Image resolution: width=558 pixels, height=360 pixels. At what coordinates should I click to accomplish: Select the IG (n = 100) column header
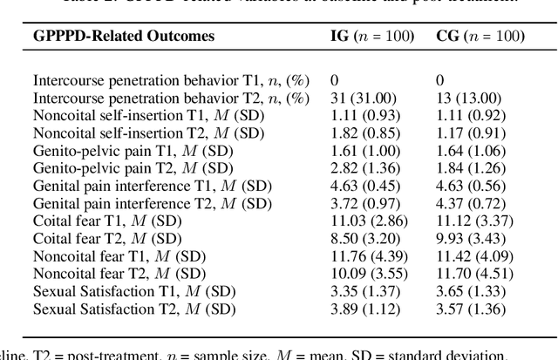pos(376,37)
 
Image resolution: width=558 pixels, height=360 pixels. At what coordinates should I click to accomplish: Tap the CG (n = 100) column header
pos(480,37)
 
